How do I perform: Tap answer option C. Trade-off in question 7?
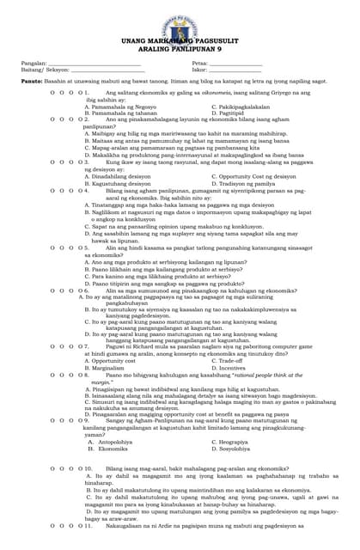point(227,361)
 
